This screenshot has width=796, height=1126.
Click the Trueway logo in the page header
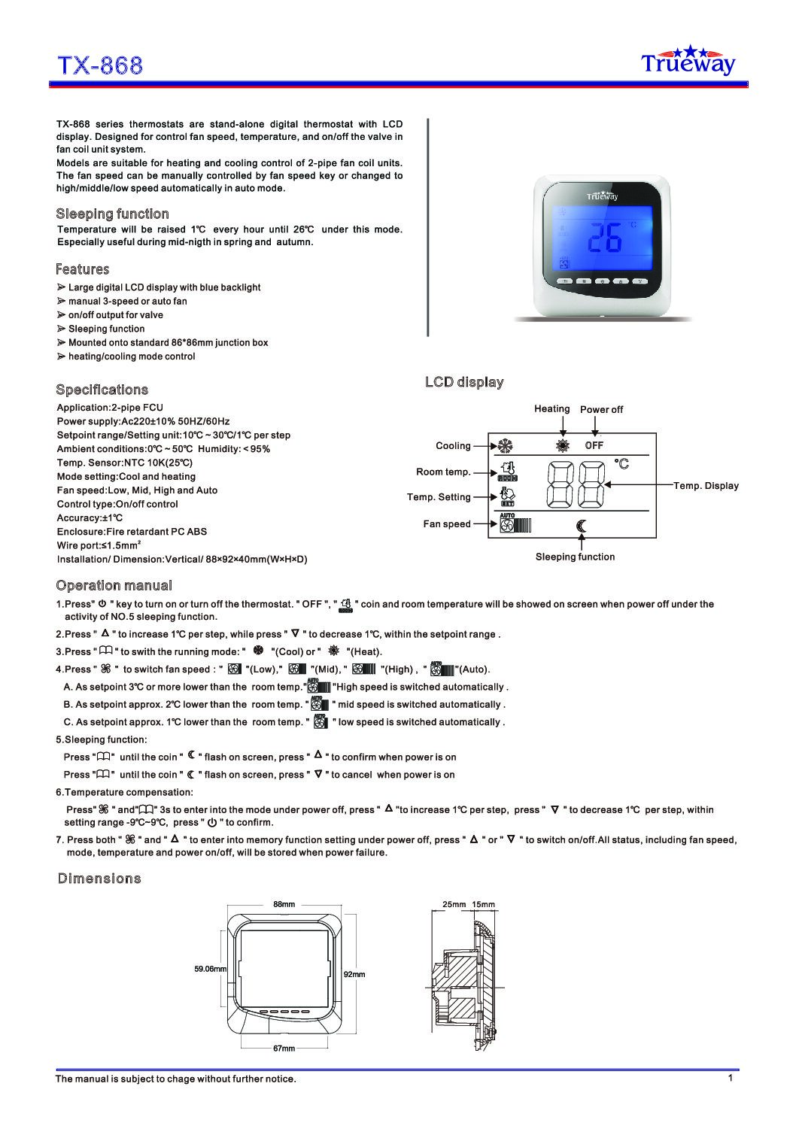(687, 62)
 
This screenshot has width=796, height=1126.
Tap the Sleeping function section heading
(112, 214)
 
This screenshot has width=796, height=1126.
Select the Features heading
(82, 269)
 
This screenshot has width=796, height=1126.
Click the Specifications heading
(102, 390)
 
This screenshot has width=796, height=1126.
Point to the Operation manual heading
(114, 585)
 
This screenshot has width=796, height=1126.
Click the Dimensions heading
(99, 879)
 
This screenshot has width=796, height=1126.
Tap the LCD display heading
(464, 382)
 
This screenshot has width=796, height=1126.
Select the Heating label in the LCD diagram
(551, 408)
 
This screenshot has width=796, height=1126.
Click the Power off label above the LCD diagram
(601, 409)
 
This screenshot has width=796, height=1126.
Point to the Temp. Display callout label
(706, 486)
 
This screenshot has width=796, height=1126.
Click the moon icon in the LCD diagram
(581, 526)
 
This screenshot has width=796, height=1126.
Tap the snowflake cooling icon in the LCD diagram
(505, 445)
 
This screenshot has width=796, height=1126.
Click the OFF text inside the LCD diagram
(594, 445)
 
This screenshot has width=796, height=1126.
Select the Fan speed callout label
(446, 524)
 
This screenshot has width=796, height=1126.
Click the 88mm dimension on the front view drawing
(284, 903)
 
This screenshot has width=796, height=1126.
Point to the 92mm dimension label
(354, 974)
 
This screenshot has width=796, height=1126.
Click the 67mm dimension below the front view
(284, 1048)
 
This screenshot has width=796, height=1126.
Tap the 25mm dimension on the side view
(451, 903)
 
